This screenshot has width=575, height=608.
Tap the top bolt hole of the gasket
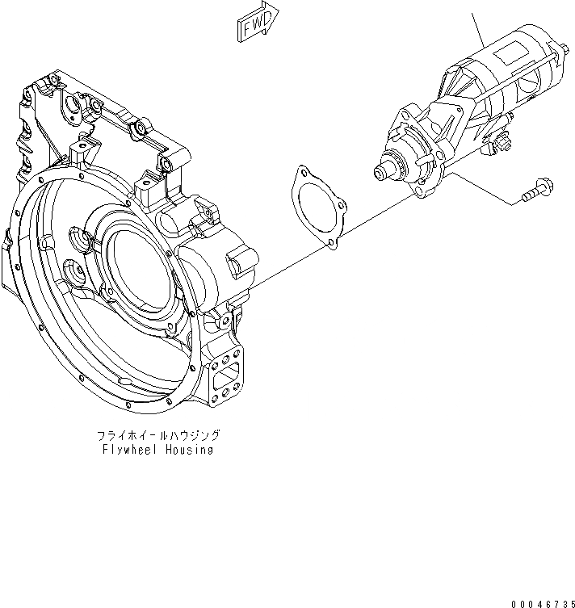302,172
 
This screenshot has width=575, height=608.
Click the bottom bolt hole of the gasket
331,241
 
